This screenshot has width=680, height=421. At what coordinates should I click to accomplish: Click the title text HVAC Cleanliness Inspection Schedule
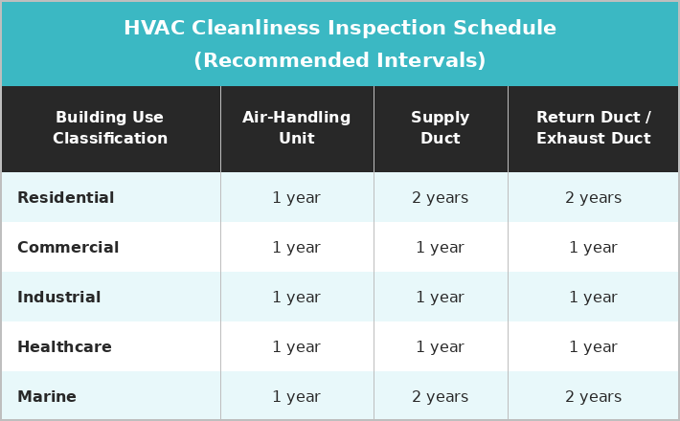pyautogui.click(x=340, y=29)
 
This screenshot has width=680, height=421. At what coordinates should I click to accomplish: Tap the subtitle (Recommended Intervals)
pyautogui.click(x=340, y=61)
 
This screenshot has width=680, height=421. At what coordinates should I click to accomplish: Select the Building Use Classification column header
pyautogui.click(x=110, y=128)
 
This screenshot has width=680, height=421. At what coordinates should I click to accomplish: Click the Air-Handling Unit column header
pyautogui.click(x=297, y=128)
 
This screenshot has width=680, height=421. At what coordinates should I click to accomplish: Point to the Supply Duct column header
pyautogui.click(x=441, y=128)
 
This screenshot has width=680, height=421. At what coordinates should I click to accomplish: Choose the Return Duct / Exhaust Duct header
pyautogui.click(x=593, y=128)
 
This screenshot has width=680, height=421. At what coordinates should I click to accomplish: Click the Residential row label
pyautogui.click(x=65, y=198)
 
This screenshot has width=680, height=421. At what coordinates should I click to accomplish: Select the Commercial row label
pyautogui.click(x=68, y=248)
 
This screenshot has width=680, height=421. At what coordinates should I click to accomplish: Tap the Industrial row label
pyautogui.click(x=58, y=298)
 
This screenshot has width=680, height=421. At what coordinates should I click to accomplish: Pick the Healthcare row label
pyautogui.click(x=64, y=347)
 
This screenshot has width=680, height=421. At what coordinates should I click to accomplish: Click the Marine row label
pyautogui.click(x=47, y=397)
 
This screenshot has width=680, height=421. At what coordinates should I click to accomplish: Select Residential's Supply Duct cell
pyautogui.click(x=441, y=198)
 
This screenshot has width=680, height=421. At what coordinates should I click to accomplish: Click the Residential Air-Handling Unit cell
pyautogui.click(x=297, y=198)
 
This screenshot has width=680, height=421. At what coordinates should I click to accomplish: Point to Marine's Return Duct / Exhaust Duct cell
pyautogui.click(x=593, y=397)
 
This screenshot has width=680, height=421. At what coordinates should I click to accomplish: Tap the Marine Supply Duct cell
pyautogui.click(x=441, y=397)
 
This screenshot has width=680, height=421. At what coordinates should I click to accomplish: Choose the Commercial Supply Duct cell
pyautogui.click(x=441, y=248)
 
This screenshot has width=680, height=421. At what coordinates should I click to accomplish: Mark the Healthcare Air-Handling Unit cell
pyautogui.click(x=297, y=347)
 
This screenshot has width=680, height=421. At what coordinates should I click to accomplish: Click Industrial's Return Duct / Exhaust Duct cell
pyautogui.click(x=593, y=298)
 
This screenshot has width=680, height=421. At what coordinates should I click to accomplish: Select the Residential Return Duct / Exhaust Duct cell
pyautogui.click(x=593, y=198)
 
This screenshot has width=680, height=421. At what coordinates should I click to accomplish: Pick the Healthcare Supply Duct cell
pyautogui.click(x=441, y=347)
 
